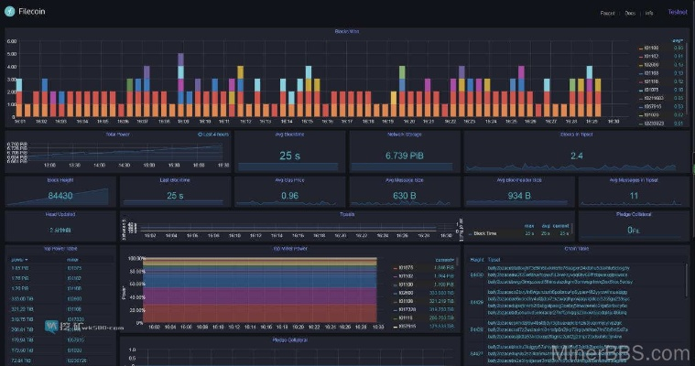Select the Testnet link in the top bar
click(678, 13)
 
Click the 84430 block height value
click(60, 195)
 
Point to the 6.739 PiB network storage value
click(403, 156)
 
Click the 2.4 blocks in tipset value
click(576, 156)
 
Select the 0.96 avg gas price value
click(289, 195)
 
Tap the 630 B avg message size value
click(404, 195)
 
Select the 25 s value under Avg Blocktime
click(289, 156)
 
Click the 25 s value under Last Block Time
click(175, 195)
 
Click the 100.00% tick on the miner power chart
click(136, 259)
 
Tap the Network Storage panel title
click(404, 135)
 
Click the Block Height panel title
click(60, 180)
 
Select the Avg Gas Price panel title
click(289, 180)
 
